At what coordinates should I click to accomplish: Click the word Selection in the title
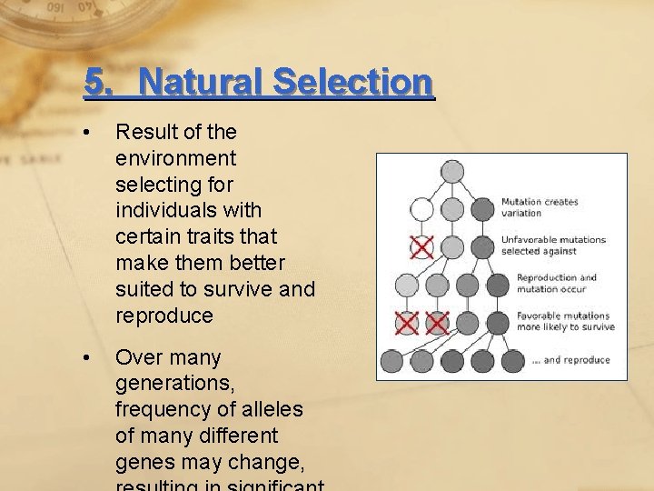point(352,83)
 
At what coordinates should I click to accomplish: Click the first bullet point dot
point(85,133)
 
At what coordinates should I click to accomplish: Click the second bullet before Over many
point(85,358)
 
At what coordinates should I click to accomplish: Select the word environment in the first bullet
point(175,158)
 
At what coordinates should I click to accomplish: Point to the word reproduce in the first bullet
point(164,316)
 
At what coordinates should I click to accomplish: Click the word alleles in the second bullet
point(273,410)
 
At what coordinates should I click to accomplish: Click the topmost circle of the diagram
point(451,172)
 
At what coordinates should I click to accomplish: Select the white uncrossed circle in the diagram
point(421,210)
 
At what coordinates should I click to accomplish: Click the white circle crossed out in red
point(421,247)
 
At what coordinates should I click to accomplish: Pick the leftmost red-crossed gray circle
point(407,323)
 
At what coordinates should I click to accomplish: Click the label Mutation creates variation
point(540,207)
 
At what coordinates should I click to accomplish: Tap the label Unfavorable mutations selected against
point(553,245)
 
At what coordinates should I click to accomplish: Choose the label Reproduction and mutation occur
point(557,283)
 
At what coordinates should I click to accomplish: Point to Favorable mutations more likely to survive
point(565,321)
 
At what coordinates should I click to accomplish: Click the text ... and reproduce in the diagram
point(570,360)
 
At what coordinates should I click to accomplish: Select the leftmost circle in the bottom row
point(391,361)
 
